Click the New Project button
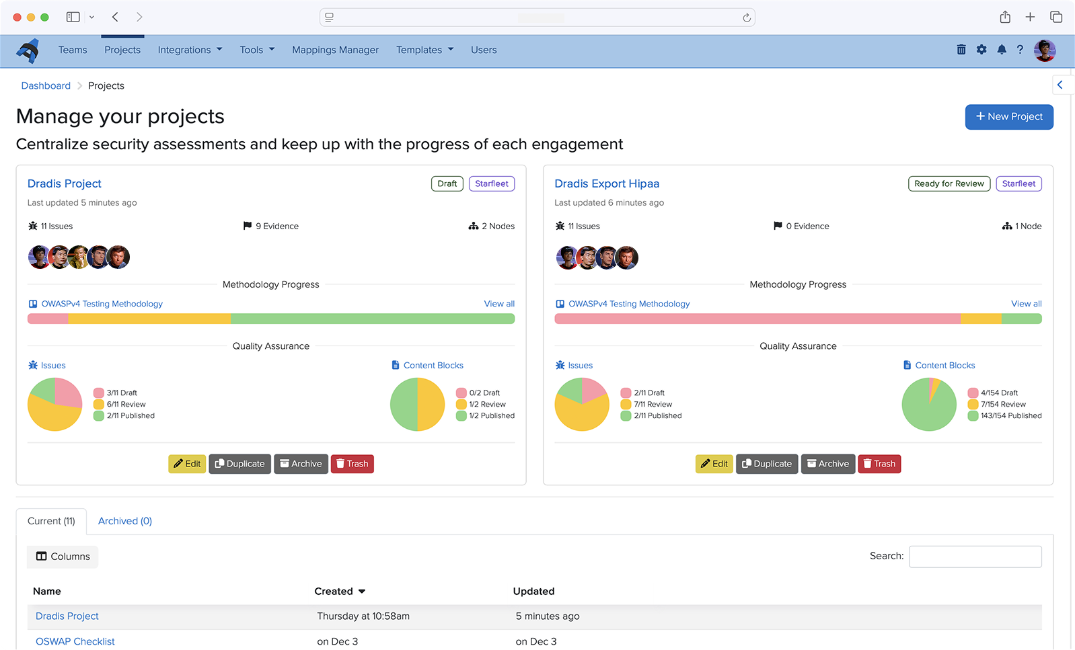pos(1008,117)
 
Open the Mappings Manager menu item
pos(335,50)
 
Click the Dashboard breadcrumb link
pos(46,85)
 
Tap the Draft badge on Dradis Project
pos(447,184)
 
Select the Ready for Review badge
pos(949,184)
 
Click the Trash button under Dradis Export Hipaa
pos(879,464)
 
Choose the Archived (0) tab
pos(125,521)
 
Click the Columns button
pos(63,557)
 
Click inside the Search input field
pos(975,557)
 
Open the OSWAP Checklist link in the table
pos(75,641)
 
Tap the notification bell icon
pos(1002,50)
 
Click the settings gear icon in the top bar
pos(981,50)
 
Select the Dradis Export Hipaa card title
pos(607,184)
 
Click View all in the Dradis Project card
pos(499,304)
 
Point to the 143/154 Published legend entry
pos(1010,416)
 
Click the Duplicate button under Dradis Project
pos(239,464)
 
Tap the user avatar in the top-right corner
pos(1044,50)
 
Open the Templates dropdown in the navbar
pos(424,50)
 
